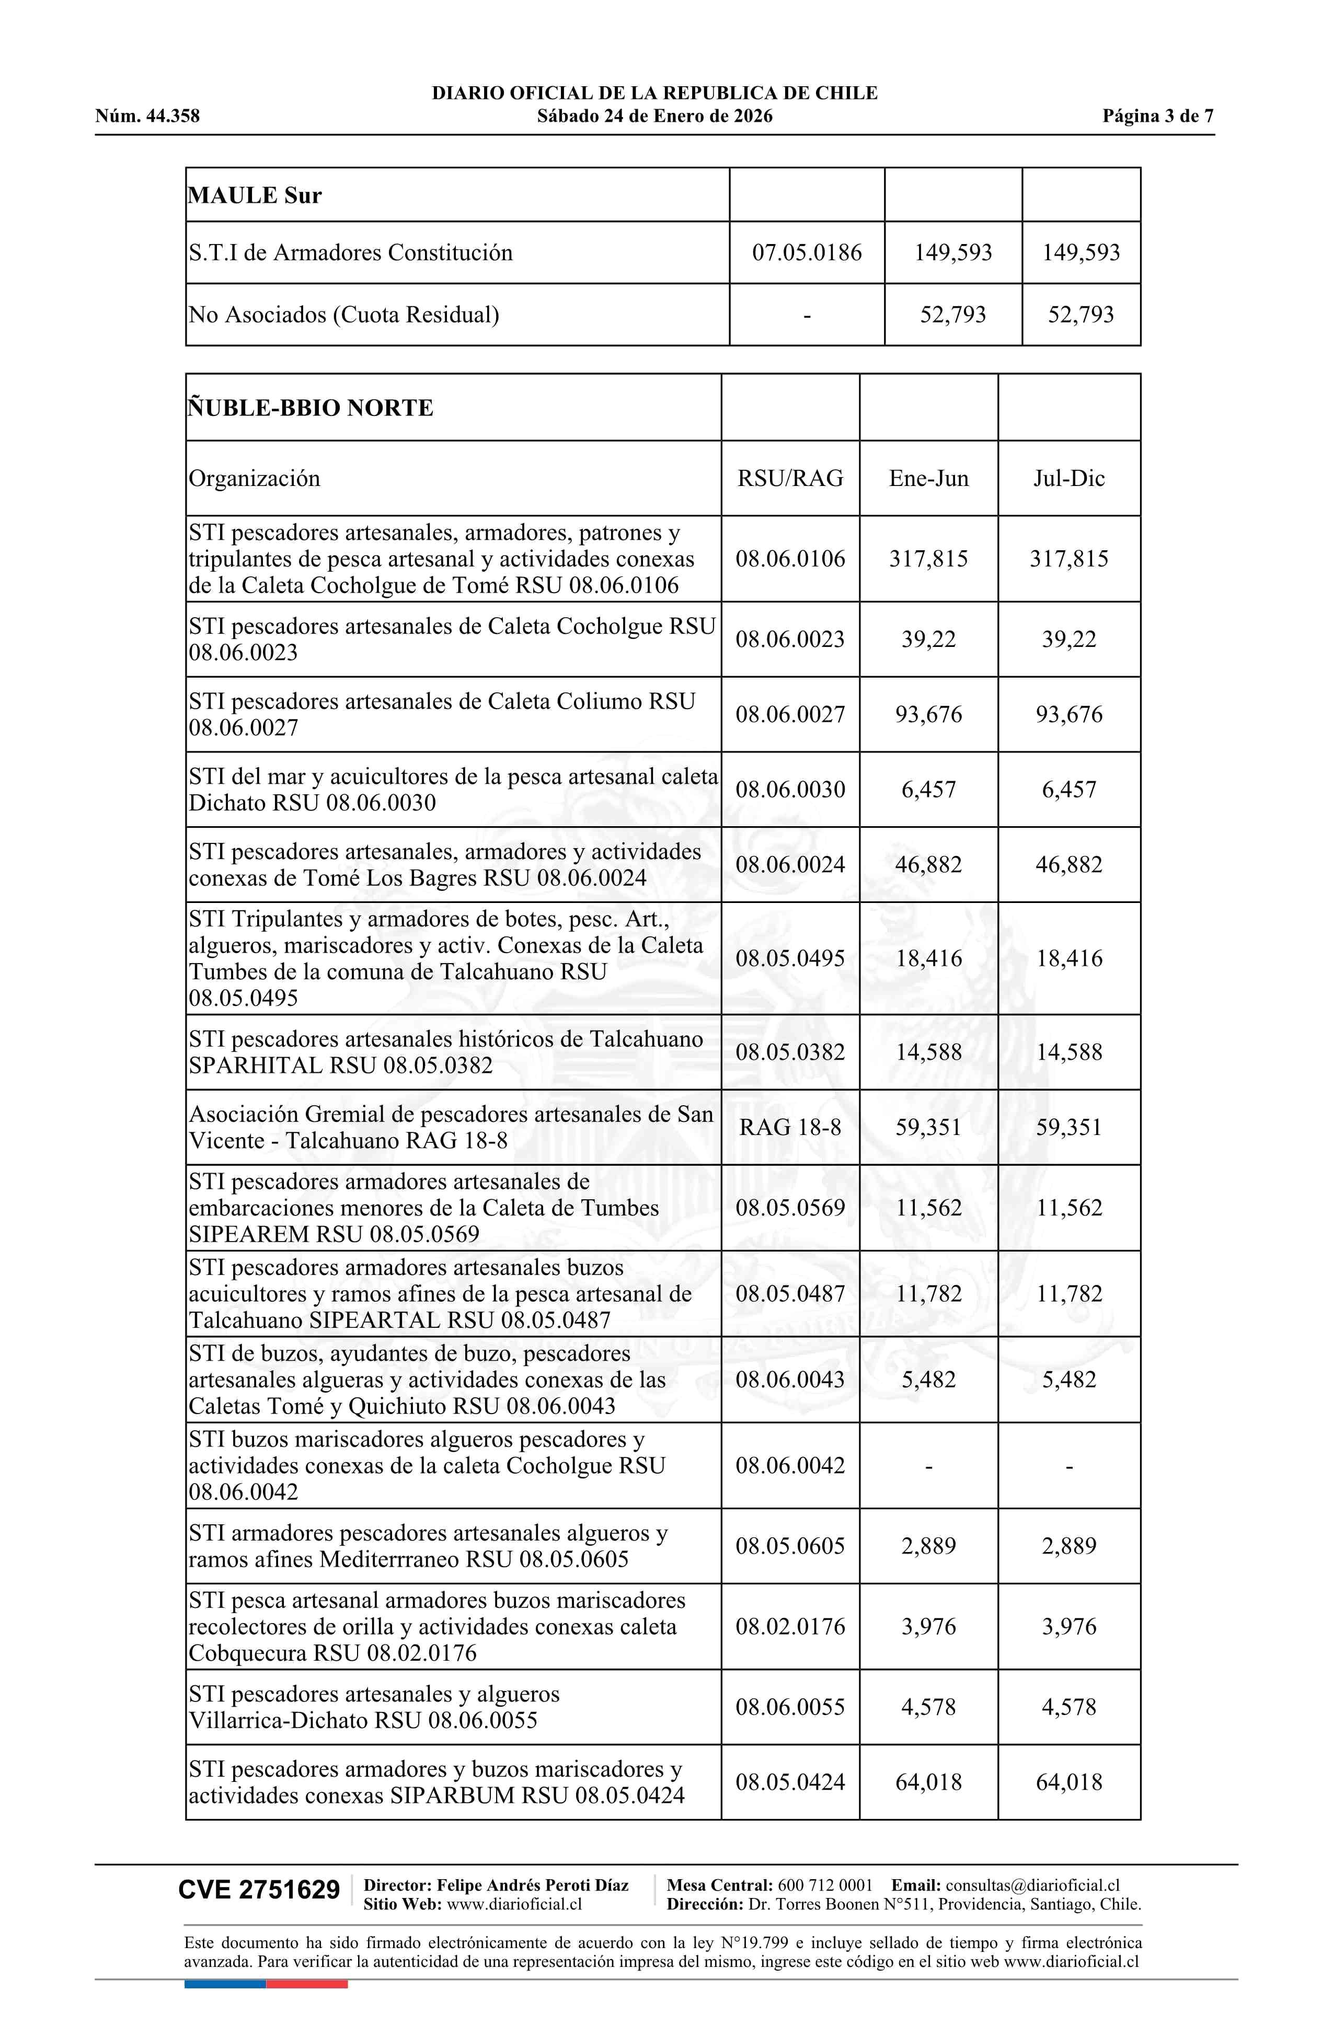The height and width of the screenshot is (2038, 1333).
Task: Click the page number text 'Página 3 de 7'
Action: [x=1157, y=117]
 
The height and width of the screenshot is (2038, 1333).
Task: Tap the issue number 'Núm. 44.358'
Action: [x=147, y=117]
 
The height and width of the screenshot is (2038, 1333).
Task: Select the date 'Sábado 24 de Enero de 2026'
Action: [x=654, y=117]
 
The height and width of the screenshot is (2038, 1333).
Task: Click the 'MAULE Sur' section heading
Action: [x=255, y=195]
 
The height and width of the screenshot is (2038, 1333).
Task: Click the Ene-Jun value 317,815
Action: [x=928, y=559]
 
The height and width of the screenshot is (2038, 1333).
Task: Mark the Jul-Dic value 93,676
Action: [x=1068, y=714]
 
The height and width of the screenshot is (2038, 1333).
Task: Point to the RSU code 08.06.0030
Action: [x=790, y=790]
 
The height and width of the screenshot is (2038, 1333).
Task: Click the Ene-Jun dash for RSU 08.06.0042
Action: [x=928, y=1466]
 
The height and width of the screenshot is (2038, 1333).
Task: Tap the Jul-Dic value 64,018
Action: [x=1068, y=1782]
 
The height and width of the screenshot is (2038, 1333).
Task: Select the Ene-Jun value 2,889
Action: [x=928, y=1546]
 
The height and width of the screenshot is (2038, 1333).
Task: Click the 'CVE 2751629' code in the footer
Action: [x=259, y=1891]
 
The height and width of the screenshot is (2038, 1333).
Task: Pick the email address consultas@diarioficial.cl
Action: [x=1032, y=1885]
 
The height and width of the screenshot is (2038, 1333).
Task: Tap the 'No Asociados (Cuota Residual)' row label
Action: [x=343, y=315]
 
